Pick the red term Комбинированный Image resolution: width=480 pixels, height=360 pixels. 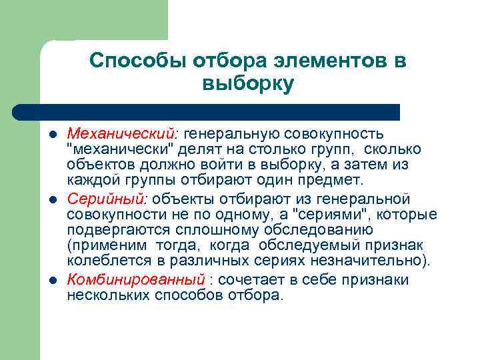pos(135,279)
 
